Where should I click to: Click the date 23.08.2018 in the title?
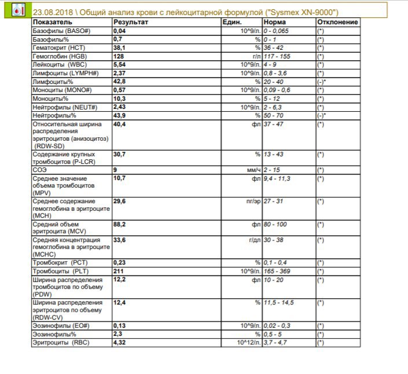[x=53, y=12]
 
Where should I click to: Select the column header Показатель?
[x=53, y=22]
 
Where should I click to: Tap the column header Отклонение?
[x=337, y=22]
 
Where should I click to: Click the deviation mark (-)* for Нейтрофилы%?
[x=321, y=116]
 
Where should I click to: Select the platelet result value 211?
[x=119, y=271]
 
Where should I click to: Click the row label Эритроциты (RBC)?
[x=60, y=343]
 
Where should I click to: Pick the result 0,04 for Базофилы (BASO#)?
[x=120, y=30]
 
